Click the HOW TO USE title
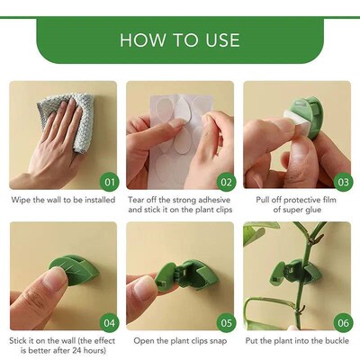[180, 40]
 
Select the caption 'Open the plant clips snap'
[180, 340]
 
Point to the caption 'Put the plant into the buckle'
[297, 340]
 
